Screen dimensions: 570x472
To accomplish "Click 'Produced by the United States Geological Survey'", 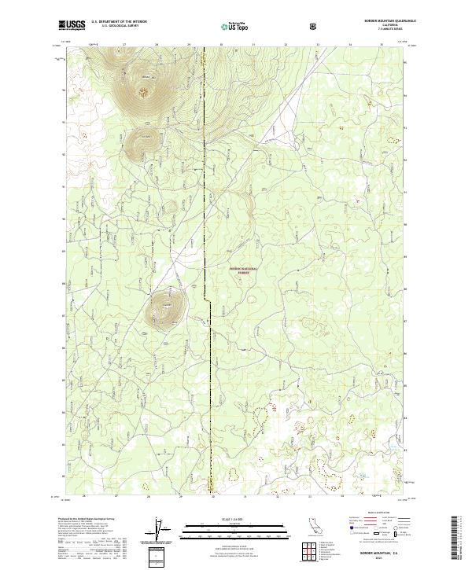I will coord(83,520).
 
